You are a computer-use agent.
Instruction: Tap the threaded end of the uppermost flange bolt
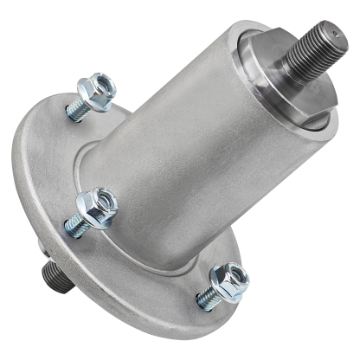tap(75, 111)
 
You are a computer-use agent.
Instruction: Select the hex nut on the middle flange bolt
tap(95, 206)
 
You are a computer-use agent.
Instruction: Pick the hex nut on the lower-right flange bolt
tap(230, 280)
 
